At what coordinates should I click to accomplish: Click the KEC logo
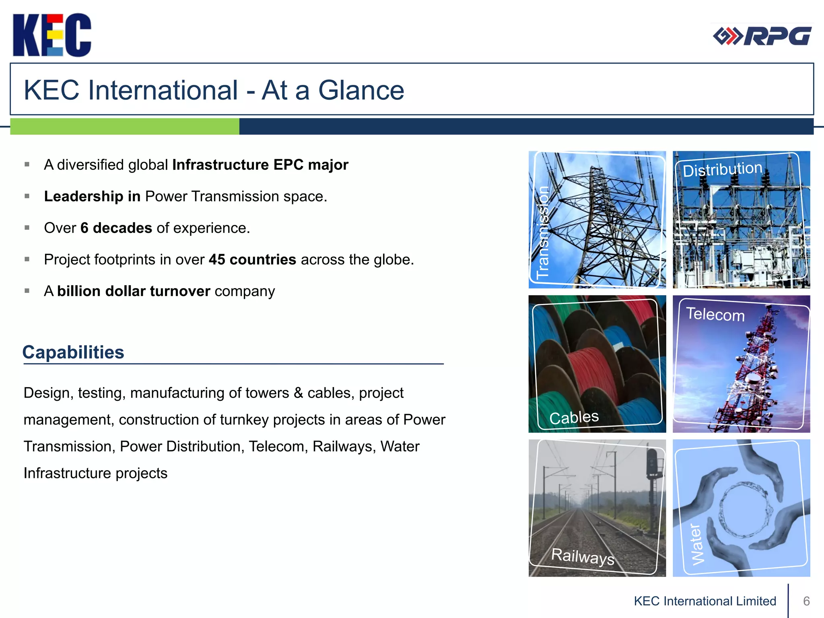pos(52,35)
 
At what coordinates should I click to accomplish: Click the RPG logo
pos(762,36)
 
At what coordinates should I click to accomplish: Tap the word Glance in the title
pos(361,90)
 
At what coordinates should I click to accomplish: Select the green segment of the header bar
pos(124,126)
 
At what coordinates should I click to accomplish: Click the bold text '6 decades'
pos(116,228)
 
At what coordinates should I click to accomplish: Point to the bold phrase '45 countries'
pos(252,260)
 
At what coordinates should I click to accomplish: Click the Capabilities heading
pos(73,352)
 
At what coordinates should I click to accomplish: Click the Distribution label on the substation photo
pos(722,169)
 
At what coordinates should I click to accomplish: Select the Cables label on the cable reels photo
pos(574,418)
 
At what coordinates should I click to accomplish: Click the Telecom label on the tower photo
pos(715,314)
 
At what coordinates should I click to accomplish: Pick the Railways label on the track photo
pos(582,556)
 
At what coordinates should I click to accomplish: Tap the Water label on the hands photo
pos(697,544)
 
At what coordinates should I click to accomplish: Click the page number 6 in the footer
pos(806,601)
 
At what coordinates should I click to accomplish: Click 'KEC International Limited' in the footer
pos(705,601)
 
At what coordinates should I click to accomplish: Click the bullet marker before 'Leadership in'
pos(27,196)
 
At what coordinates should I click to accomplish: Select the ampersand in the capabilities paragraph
pos(298,393)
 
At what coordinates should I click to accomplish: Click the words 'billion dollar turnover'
pos(134,291)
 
